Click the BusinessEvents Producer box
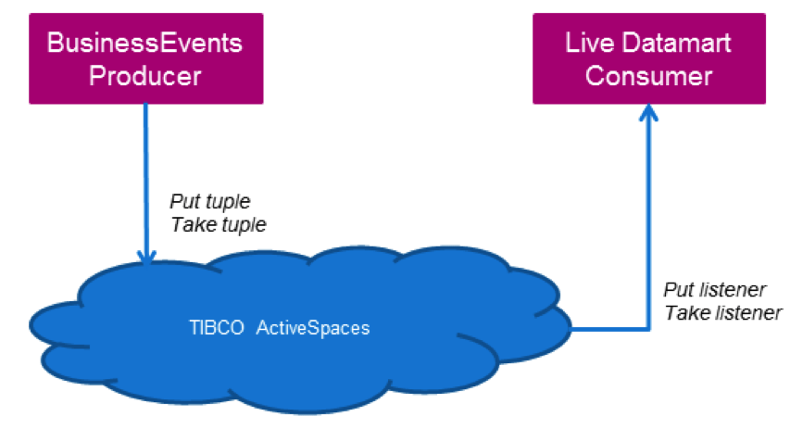coord(144,57)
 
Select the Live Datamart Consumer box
coord(648,57)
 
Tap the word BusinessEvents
coord(144,43)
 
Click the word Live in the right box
coord(590,43)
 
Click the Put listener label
coord(714,289)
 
